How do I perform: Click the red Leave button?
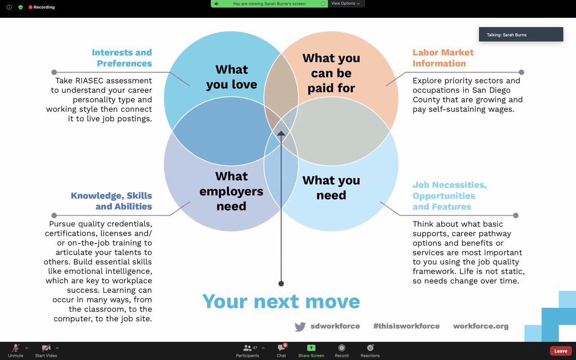(x=561, y=351)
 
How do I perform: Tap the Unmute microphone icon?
(x=16, y=348)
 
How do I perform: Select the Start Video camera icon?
(x=46, y=348)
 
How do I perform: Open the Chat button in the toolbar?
(x=281, y=348)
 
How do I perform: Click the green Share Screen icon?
(x=311, y=348)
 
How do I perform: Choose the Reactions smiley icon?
(x=370, y=348)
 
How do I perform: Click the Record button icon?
(x=341, y=348)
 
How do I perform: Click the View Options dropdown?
(x=345, y=3)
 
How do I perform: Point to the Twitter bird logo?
(x=300, y=326)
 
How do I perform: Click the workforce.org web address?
(x=480, y=326)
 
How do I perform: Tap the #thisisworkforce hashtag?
(x=406, y=326)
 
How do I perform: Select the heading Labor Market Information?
(x=443, y=58)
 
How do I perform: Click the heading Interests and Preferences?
(x=122, y=58)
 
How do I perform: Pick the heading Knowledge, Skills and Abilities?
(x=111, y=201)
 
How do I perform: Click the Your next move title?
(x=281, y=301)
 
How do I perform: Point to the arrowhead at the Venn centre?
(x=281, y=133)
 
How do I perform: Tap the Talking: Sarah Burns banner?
(x=521, y=35)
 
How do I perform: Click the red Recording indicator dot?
(x=30, y=7)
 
